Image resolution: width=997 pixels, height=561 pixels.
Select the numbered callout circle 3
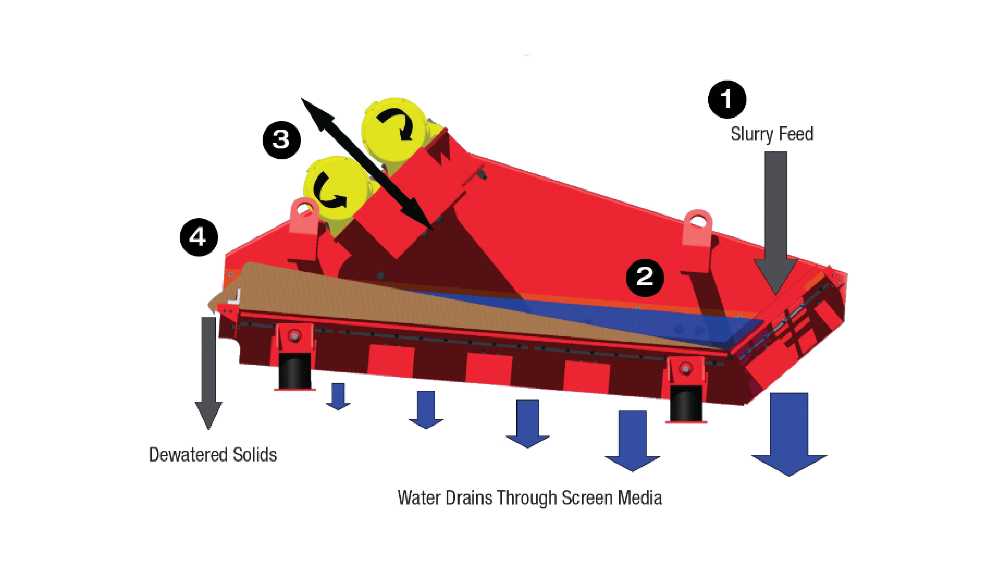(x=281, y=140)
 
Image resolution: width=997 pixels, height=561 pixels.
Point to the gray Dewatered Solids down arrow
(x=209, y=372)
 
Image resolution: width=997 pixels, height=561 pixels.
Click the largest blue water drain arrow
(x=789, y=434)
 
